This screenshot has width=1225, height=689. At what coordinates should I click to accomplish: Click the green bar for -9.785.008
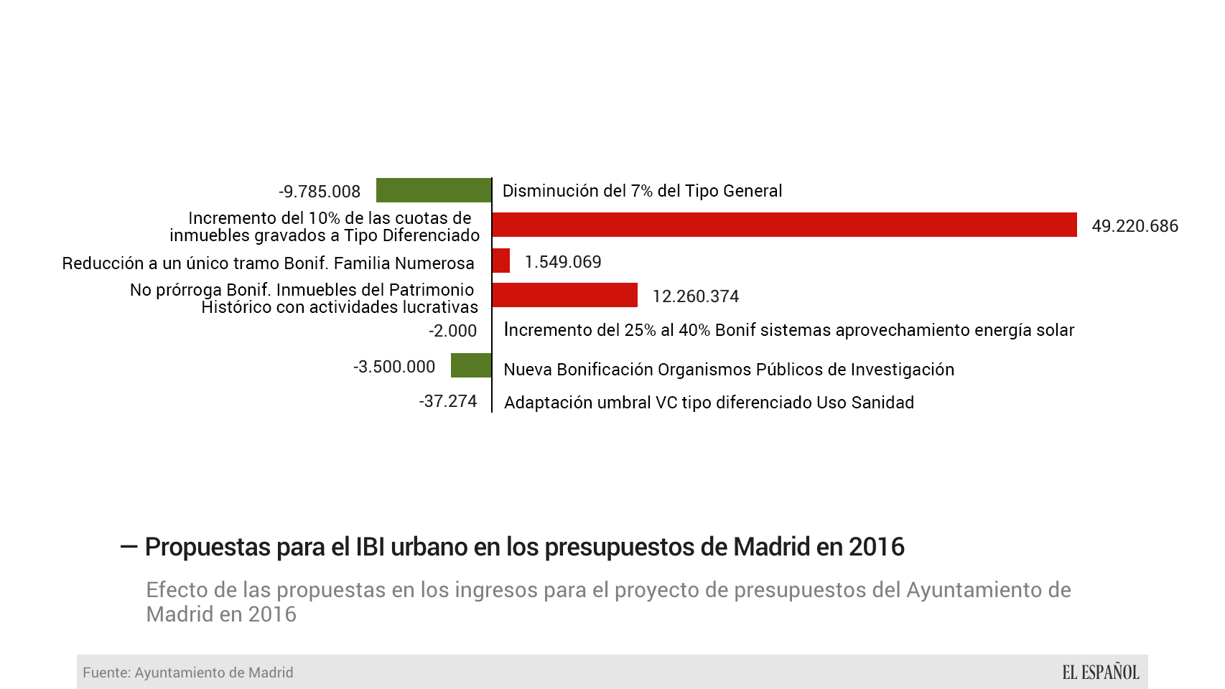pos(434,190)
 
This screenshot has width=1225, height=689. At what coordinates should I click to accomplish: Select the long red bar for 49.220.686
pos(784,225)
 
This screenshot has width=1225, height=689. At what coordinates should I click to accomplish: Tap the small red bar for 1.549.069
pos(501,261)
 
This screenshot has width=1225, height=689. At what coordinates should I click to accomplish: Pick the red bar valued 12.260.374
pos(565,295)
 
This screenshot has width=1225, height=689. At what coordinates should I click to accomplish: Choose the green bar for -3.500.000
pos(471,365)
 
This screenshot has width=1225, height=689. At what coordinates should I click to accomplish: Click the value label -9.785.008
pos(320,192)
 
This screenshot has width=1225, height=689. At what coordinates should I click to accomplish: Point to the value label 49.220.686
pos(1135,226)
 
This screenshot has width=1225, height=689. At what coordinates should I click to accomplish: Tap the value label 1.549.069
pos(563,262)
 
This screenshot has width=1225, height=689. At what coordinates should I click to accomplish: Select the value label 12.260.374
pos(695,296)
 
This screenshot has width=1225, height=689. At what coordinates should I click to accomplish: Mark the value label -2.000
pos(452,331)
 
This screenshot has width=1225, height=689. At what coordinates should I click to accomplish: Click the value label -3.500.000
pos(394,367)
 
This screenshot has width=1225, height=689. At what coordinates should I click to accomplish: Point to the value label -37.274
pos(448,401)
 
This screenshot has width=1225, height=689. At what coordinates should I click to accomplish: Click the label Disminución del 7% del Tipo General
pos(642,191)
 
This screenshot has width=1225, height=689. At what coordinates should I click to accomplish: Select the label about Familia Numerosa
pos(268,263)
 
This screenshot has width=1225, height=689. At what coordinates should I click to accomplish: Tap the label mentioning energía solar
pos(788,330)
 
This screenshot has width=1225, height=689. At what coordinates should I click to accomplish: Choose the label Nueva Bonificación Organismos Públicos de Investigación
pos(729,370)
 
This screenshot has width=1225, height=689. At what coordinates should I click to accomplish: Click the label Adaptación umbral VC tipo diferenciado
pos(709,403)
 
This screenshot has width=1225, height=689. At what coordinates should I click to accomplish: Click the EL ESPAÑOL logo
pos(1101,672)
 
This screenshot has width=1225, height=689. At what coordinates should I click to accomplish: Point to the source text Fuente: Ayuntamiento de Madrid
pos(188,672)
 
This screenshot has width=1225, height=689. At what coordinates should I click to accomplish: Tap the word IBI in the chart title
pos(373,547)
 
